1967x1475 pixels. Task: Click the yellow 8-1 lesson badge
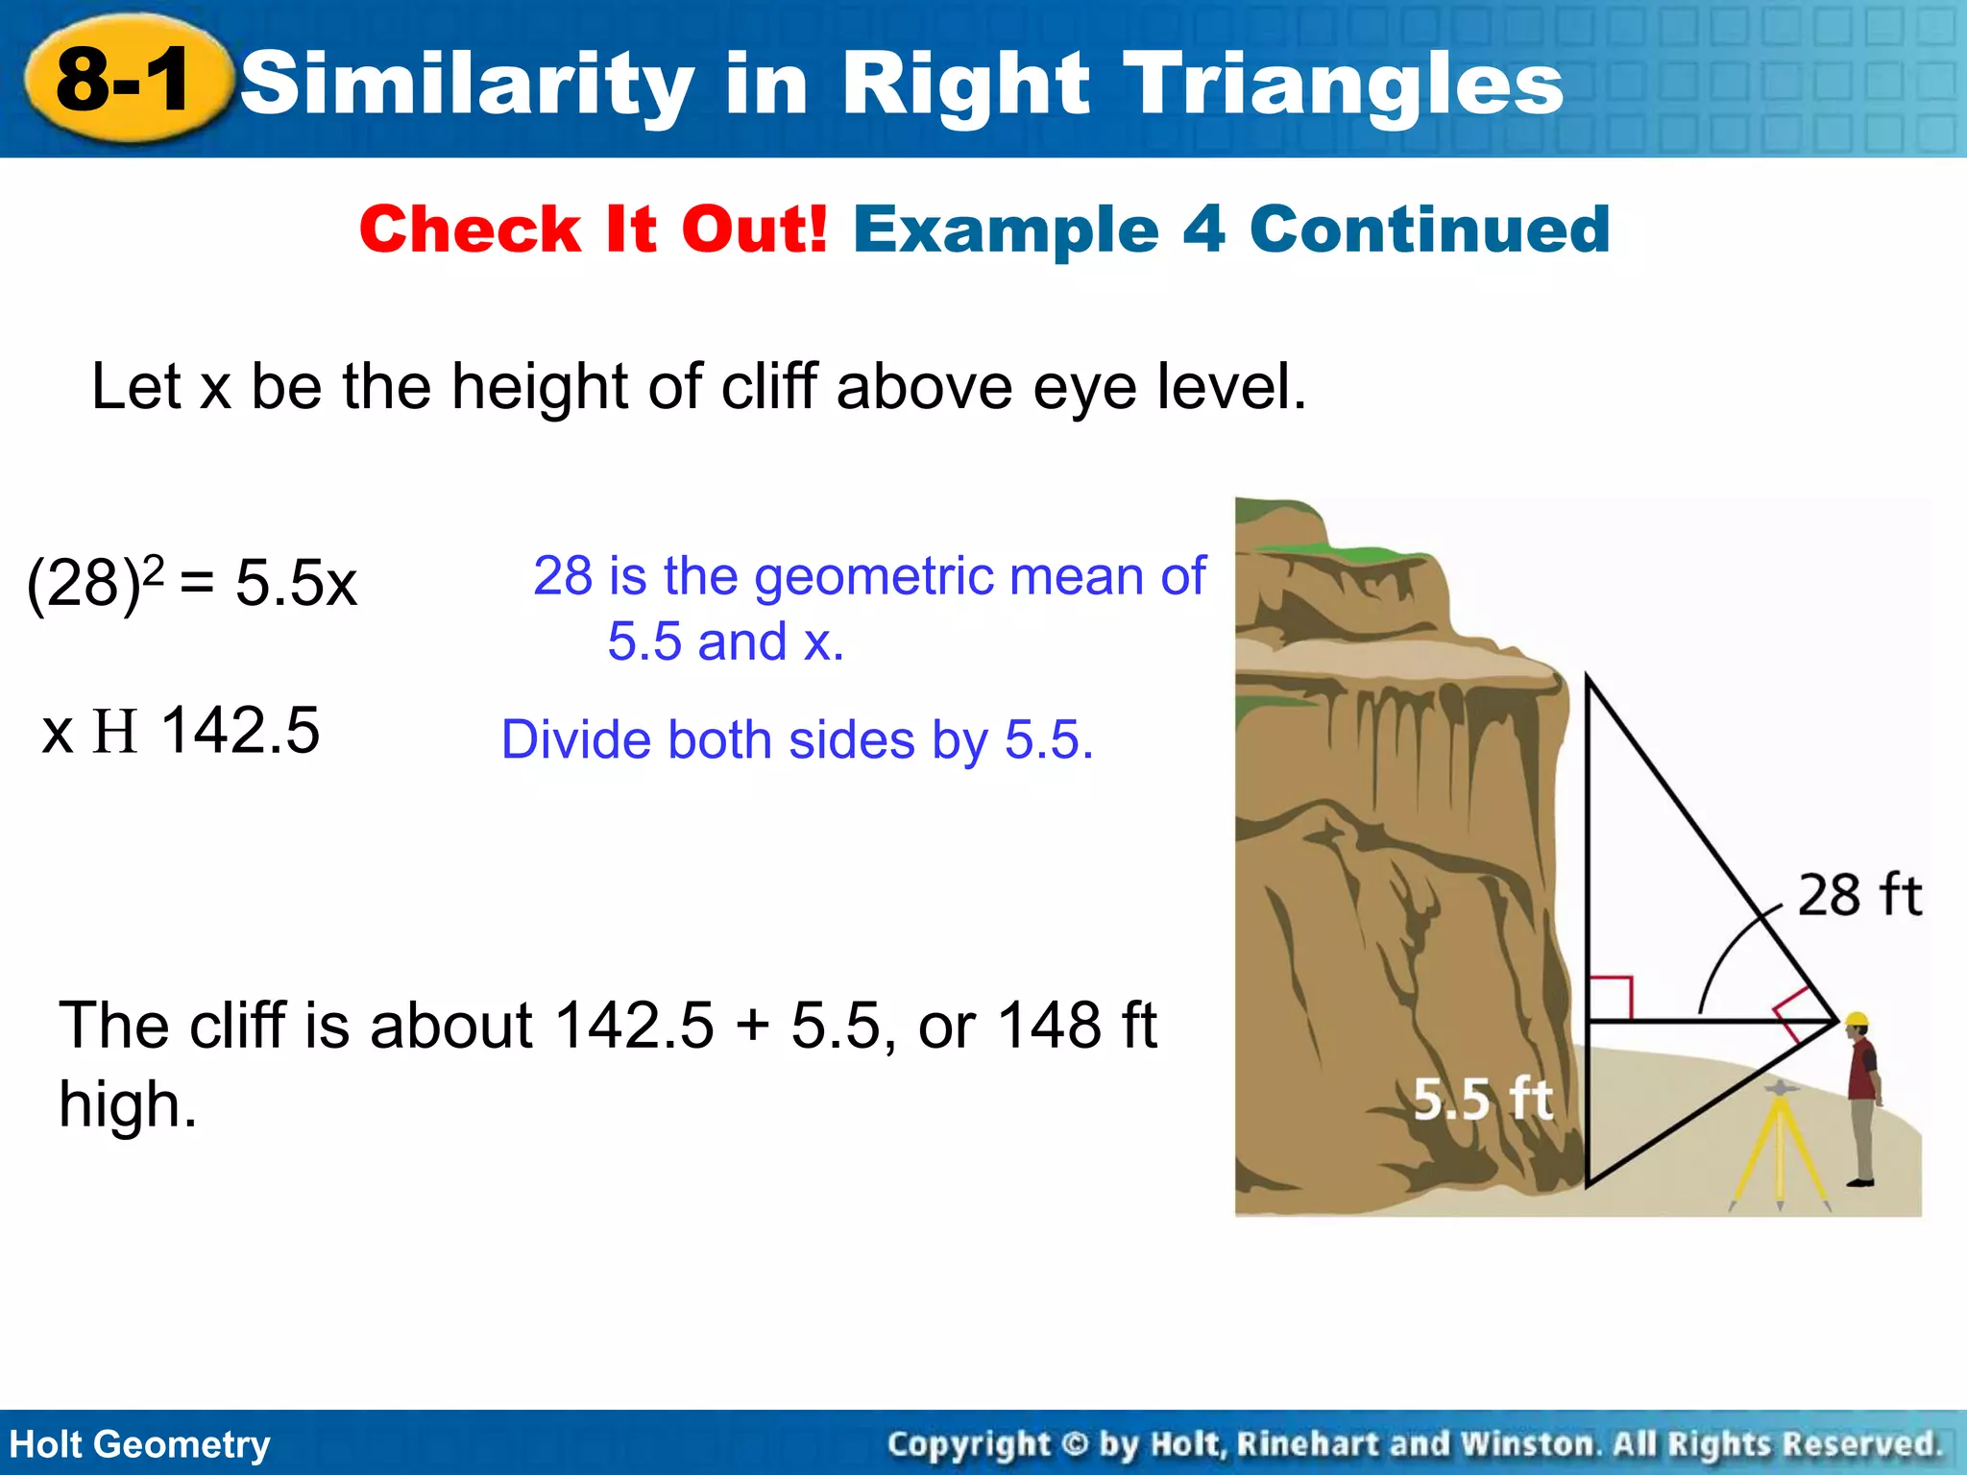tap(125, 82)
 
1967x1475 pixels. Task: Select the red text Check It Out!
tap(593, 230)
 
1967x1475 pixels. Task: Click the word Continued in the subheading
tap(1429, 230)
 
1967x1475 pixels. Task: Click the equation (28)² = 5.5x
tap(192, 582)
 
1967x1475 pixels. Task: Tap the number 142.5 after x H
tap(240, 731)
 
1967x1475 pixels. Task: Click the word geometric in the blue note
tap(874, 576)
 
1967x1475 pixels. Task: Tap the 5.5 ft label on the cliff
tap(1482, 1100)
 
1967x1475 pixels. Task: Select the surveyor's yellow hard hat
tap(1858, 1020)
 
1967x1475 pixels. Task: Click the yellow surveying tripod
tap(1780, 1148)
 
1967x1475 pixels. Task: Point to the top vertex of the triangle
tap(1587, 678)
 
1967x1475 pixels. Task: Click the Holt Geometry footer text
tap(140, 1444)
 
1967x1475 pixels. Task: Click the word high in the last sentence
tap(127, 1104)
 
